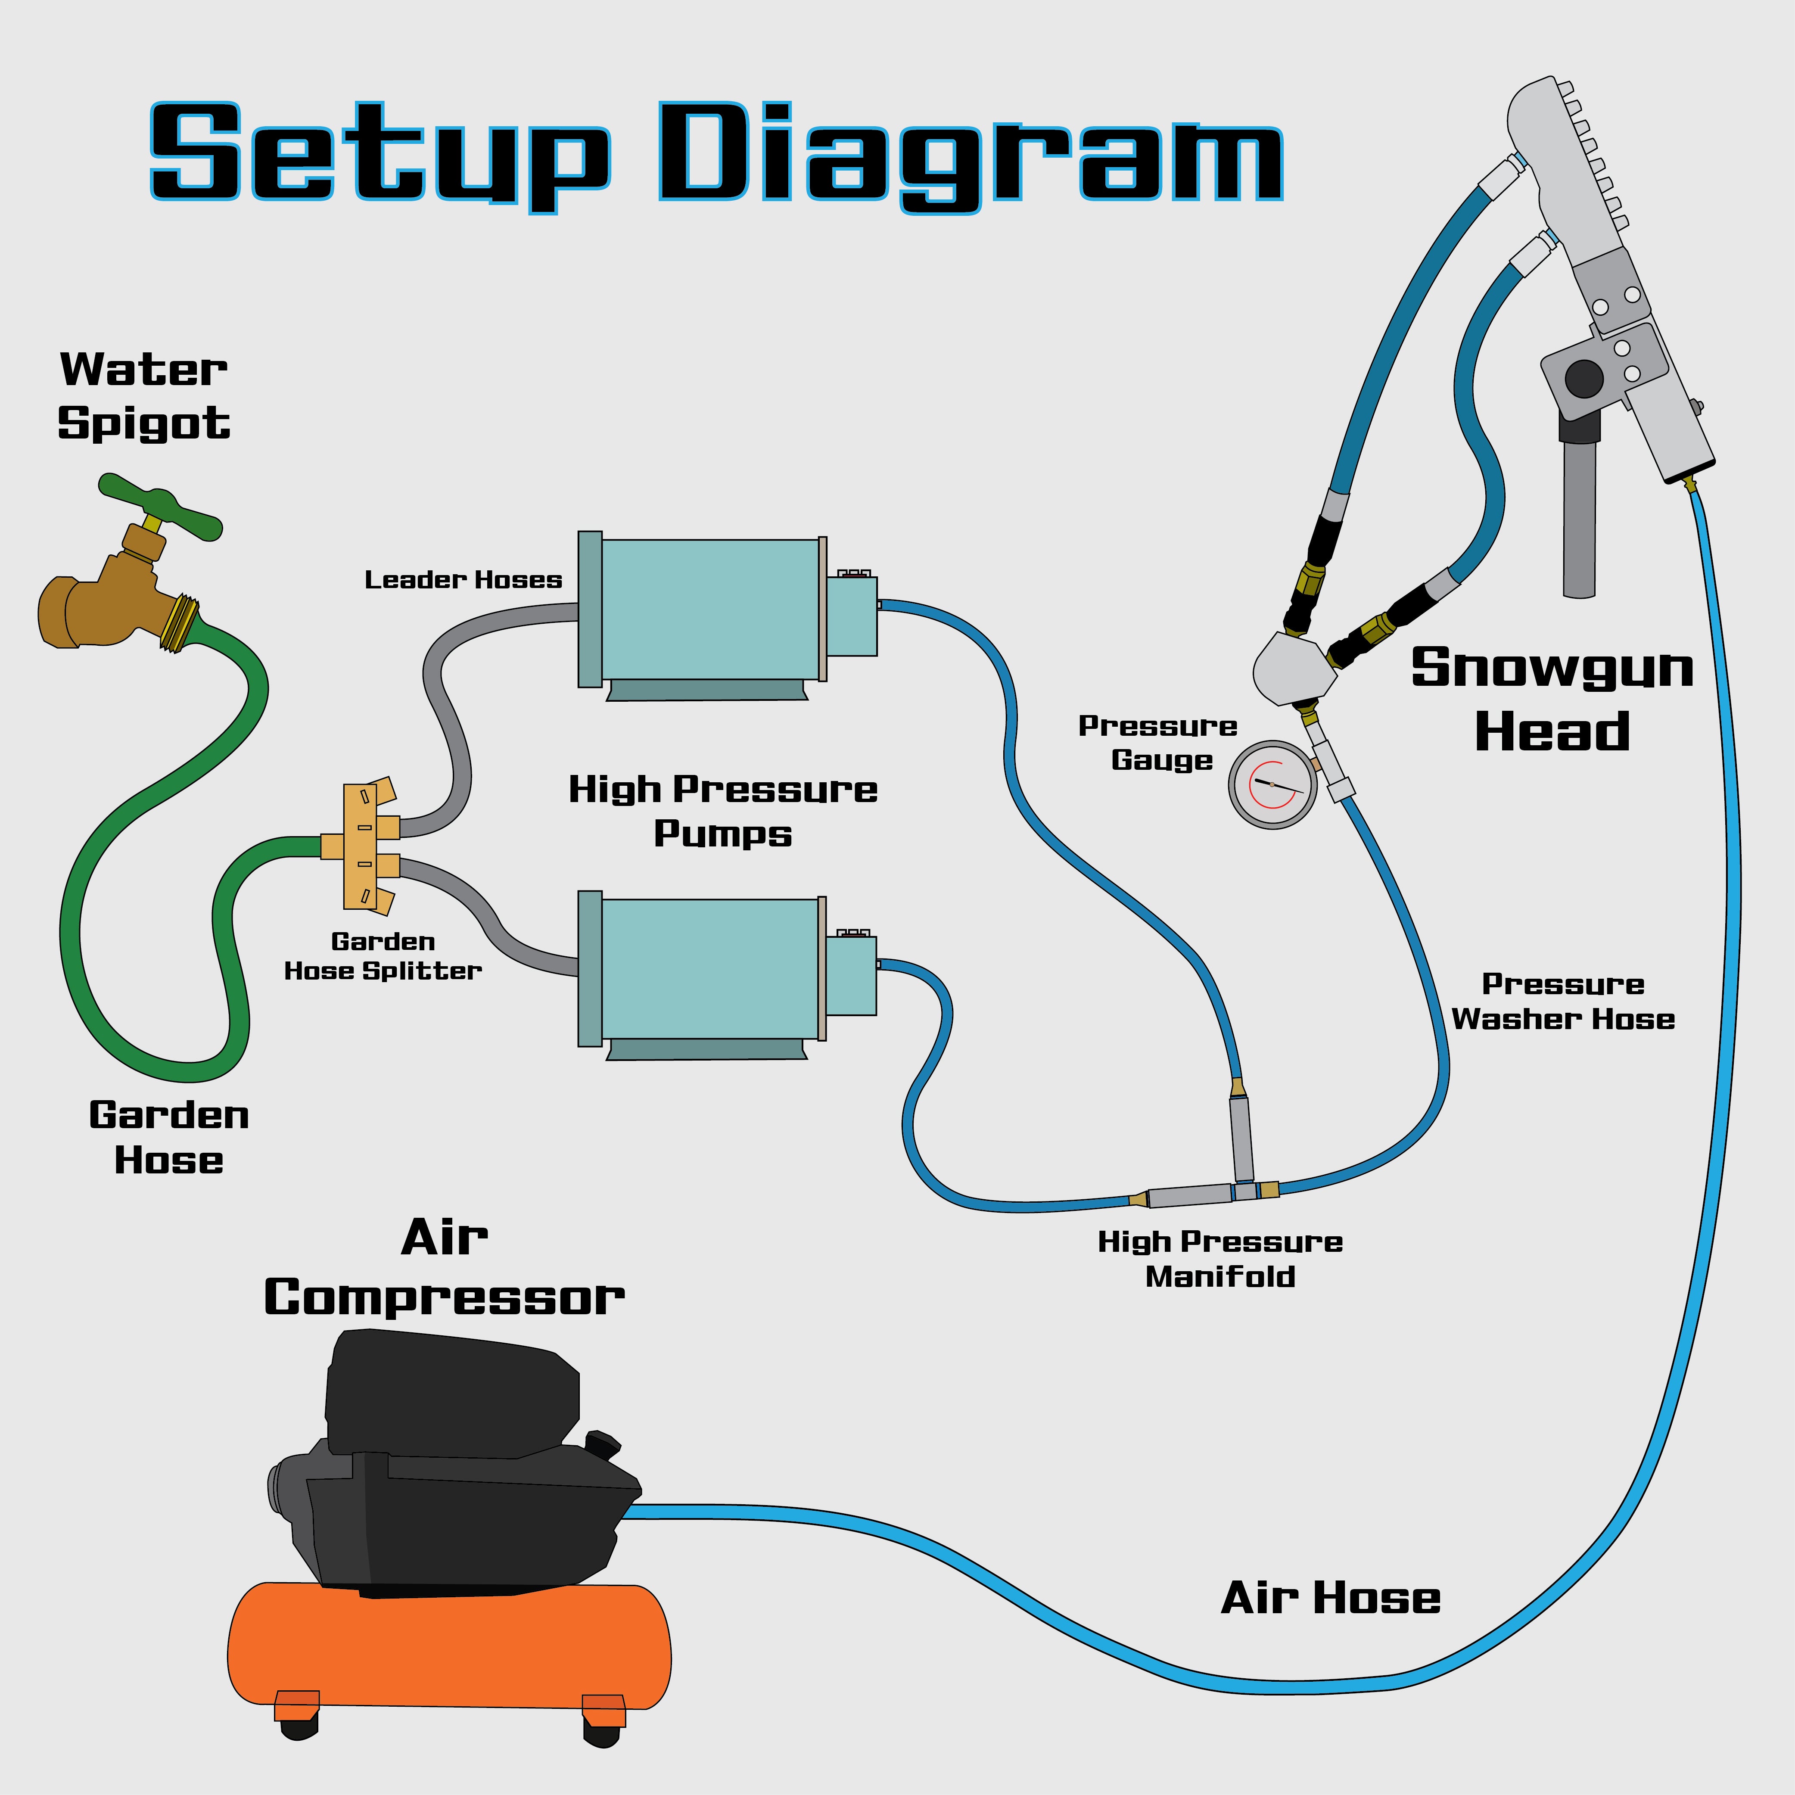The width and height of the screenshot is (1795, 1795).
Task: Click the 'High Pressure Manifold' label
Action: pos(1220,1259)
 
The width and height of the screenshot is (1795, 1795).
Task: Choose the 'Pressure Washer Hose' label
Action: pos(1563,1002)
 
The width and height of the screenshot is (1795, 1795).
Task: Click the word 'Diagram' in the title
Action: pos(971,153)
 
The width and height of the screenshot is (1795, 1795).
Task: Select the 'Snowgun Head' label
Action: pos(1552,699)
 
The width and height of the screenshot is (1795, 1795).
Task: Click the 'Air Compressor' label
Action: pos(444,1268)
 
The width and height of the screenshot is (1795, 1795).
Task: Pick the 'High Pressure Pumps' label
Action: pos(723,810)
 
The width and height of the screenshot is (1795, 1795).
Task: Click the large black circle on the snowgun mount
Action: pos(1584,378)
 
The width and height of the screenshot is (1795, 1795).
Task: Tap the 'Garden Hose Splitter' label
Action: pos(383,956)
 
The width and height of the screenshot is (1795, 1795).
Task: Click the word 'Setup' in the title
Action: pos(381,153)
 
